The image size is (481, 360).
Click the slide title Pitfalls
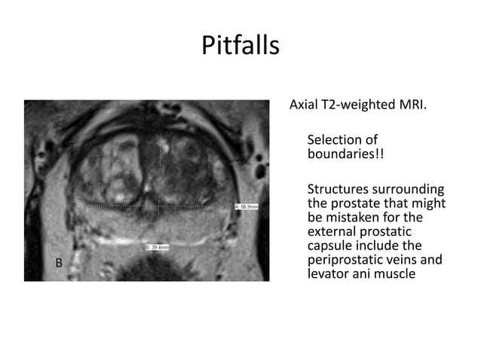pyautogui.click(x=240, y=46)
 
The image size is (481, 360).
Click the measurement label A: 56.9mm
pyautogui.click(x=247, y=206)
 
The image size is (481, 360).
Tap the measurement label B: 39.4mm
pyautogui.click(x=157, y=247)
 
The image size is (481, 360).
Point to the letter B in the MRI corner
pyautogui.click(x=59, y=263)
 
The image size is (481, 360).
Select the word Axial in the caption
pyautogui.click(x=305, y=103)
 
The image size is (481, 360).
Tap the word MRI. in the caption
pyautogui.click(x=412, y=103)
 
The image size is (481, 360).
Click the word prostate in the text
pyautogui.click(x=354, y=203)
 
